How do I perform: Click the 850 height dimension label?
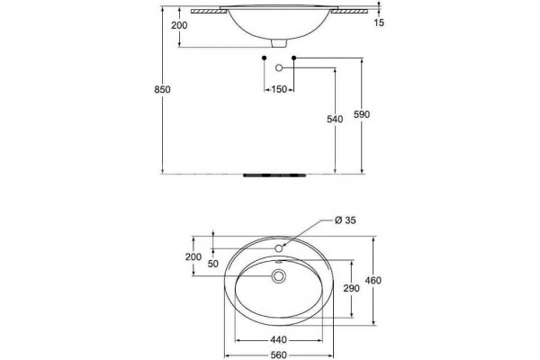point(162,90)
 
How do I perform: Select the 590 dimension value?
point(362,114)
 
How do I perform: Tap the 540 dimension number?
point(335,119)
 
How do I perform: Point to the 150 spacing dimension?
point(279,90)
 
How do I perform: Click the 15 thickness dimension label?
point(379,22)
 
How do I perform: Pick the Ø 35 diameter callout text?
point(345,220)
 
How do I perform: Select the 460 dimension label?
point(373,281)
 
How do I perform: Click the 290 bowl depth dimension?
point(351,288)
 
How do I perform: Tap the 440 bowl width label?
point(278,340)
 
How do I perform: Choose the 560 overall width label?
point(278,355)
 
